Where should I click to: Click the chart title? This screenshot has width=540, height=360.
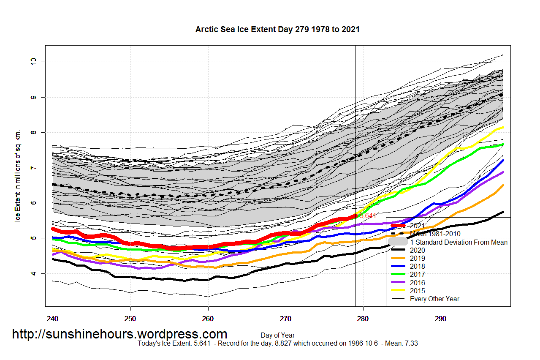(277, 30)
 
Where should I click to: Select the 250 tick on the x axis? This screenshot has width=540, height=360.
(130, 317)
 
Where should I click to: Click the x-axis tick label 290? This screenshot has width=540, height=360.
(441, 317)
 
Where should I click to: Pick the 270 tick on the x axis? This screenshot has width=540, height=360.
(286, 317)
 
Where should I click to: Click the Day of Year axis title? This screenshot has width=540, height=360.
(277, 335)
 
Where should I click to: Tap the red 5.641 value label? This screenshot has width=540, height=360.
(367, 215)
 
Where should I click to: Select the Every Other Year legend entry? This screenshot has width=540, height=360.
(434, 299)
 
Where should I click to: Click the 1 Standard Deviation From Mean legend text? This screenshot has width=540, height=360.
(459, 242)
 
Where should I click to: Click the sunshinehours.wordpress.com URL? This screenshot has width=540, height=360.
(119, 334)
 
